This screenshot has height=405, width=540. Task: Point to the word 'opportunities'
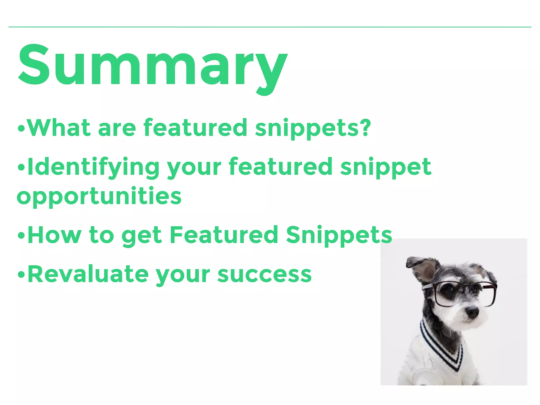[99, 196]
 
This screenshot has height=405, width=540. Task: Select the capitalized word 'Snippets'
[339, 235]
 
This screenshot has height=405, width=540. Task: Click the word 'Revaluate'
[88, 274]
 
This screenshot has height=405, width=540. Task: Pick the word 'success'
[264, 275]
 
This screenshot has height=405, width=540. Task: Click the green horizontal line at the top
[270, 27]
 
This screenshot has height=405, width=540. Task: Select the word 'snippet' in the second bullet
[385, 167]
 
